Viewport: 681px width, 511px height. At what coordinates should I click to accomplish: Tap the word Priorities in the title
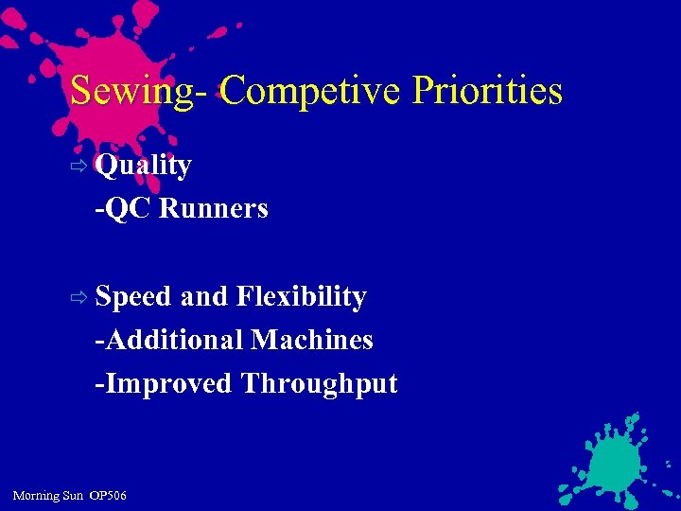(x=487, y=92)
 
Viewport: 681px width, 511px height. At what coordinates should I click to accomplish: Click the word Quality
(x=144, y=166)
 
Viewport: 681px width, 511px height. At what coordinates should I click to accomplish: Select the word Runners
(x=214, y=208)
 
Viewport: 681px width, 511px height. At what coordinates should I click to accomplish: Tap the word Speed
(x=133, y=297)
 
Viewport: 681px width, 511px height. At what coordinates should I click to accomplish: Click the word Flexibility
(x=301, y=297)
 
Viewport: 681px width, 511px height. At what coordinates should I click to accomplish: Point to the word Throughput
(x=320, y=383)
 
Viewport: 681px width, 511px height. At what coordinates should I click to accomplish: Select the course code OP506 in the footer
(x=108, y=496)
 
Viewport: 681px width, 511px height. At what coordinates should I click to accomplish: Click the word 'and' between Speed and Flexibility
(x=203, y=297)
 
